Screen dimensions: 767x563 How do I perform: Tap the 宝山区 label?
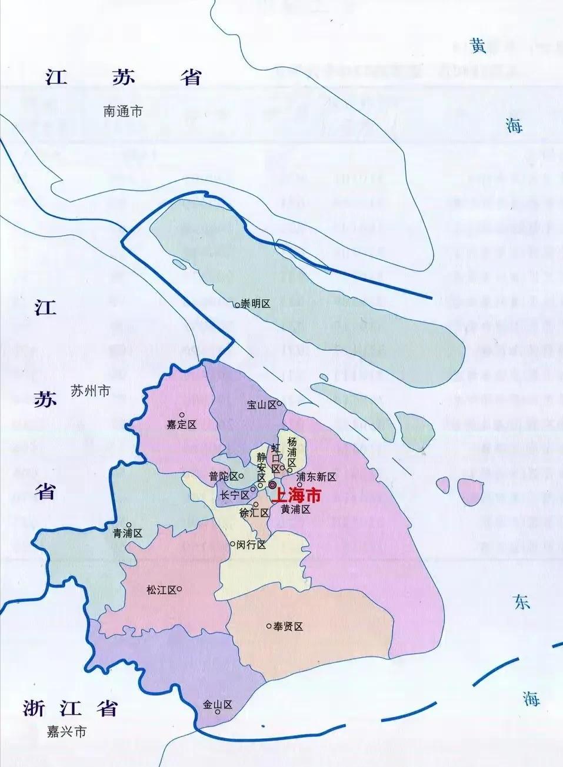[x=261, y=404]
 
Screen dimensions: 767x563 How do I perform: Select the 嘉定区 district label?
[x=181, y=424]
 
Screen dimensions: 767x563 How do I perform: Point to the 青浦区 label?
[x=128, y=534]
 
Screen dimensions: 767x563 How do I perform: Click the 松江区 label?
[x=161, y=590]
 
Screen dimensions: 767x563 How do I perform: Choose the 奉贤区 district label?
[x=288, y=627]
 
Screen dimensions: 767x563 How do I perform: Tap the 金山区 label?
[x=218, y=704]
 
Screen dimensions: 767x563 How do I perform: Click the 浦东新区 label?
[x=316, y=477]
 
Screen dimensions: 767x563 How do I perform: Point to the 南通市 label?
[x=123, y=112]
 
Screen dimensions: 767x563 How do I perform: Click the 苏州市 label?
[x=90, y=391]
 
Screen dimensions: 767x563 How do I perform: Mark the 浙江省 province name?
[x=70, y=708]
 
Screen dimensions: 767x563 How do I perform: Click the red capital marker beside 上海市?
[x=273, y=484]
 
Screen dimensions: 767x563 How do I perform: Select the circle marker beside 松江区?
[x=179, y=589]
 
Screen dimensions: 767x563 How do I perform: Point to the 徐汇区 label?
[x=254, y=513]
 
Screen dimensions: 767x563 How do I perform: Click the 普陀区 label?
[x=224, y=476]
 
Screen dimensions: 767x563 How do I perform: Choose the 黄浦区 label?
[x=295, y=510]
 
